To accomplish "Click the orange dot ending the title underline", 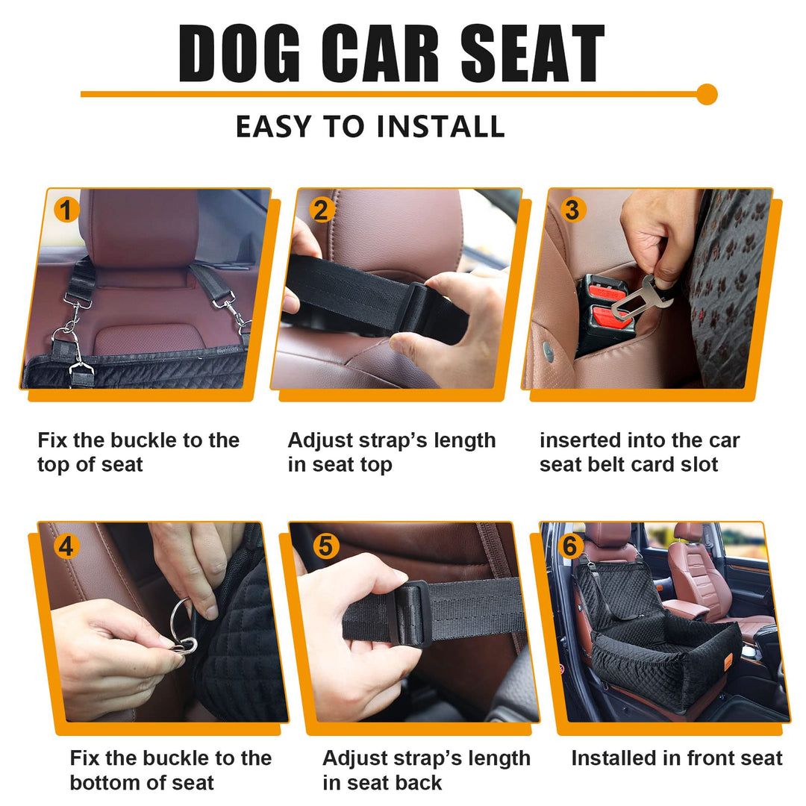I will pos(706,95).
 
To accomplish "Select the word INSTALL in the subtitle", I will pos(440,127).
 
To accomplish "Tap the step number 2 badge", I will pos(320,210).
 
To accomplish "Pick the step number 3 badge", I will pos(572,210).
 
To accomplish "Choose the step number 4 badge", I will pos(67,546).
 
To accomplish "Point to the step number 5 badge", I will pos(325,546).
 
